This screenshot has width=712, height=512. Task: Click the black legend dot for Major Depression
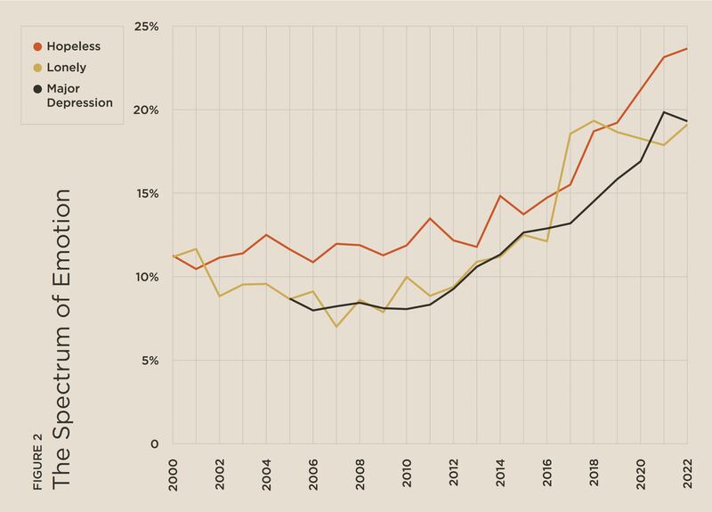coord(37,89)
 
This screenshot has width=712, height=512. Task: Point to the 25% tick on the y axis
coord(146,27)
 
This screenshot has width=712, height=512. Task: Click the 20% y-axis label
coord(146,110)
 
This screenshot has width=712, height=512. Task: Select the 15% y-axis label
coord(147,194)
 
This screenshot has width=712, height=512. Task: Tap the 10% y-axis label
coord(147,277)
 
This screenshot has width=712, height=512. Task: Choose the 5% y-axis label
coord(149,361)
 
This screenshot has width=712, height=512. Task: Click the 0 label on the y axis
coord(154,444)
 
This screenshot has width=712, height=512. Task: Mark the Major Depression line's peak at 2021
coord(664,112)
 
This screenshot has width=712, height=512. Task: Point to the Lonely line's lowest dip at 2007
coord(336,327)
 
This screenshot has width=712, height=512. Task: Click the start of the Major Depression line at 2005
coord(289,298)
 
